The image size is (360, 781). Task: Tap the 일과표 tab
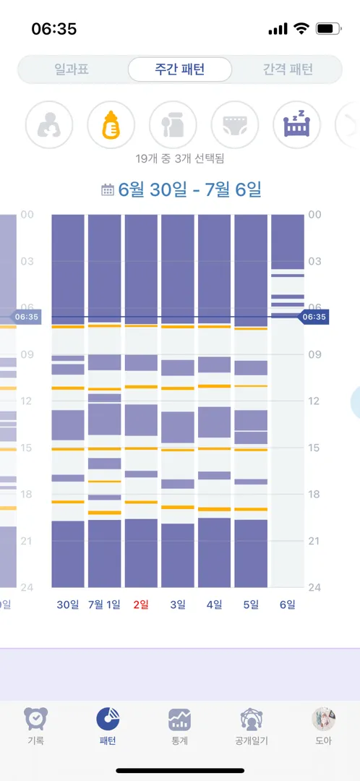tap(72, 69)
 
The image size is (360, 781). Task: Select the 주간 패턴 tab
tap(180, 69)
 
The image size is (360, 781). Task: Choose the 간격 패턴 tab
tap(288, 69)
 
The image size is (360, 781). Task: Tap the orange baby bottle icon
tap(111, 124)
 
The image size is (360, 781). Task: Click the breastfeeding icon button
tap(49, 124)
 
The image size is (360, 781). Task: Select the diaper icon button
tap(235, 124)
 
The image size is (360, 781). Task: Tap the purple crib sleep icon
tap(297, 124)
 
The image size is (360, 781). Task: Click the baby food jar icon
tap(173, 124)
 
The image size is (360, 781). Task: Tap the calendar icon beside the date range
tap(108, 189)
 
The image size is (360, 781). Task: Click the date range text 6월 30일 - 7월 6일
tap(189, 189)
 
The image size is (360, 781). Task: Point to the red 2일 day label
tap(141, 605)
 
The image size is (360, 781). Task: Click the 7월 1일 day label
tap(104, 605)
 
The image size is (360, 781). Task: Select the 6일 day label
tap(287, 605)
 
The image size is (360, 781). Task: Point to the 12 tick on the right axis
tap(314, 401)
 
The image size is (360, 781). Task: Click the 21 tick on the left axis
tap(27, 541)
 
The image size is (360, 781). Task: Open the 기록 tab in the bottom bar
tap(36, 726)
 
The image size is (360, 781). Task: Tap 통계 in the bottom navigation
tap(180, 726)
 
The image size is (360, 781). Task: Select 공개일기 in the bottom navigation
tap(252, 726)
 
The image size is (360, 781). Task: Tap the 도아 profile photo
tap(324, 719)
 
